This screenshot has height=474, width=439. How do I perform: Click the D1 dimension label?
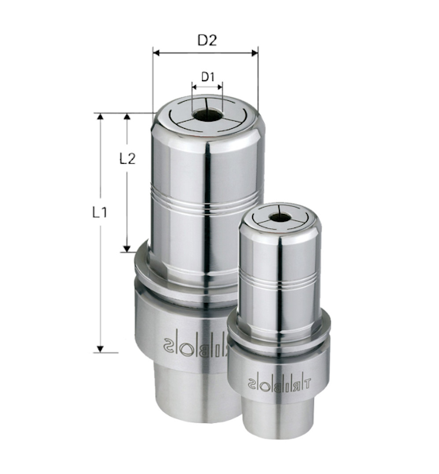pyautogui.click(x=208, y=76)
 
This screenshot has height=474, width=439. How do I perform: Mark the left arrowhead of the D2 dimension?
pyautogui.click(x=155, y=53)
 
